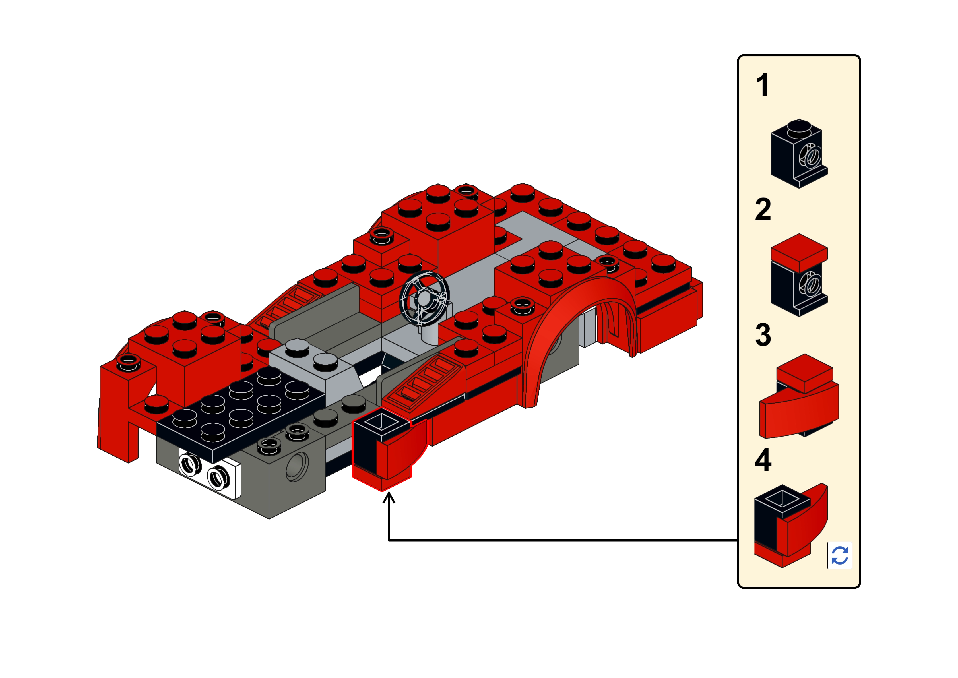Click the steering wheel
click(424, 298)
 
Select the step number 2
click(763, 210)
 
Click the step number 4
click(763, 460)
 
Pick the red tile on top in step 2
click(799, 253)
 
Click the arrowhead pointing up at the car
click(389, 498)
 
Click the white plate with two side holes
click(210, 474)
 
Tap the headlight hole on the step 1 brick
click(811, 156)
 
